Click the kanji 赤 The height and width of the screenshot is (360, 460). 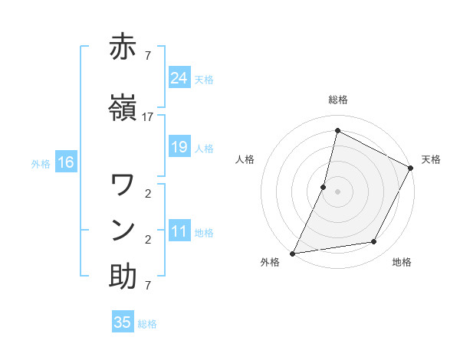pyautogui.click(x=123, y=47)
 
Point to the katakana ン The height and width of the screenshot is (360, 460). pyautogui.click(x=123, y=229)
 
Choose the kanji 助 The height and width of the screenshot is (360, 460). pyautogui.click(x=123, y=276)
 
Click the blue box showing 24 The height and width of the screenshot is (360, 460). pyautogui.click(x=179, y=78)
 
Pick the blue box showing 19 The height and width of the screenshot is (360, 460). pyautogui.click(x=179, y=148)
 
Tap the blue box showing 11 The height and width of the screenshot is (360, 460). pyautogui.click(x=179, y=232)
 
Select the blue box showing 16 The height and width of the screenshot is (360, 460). pyautogui.click(x=66, y=162)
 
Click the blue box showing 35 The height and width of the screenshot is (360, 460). pyautogui.click(x=123, y=322)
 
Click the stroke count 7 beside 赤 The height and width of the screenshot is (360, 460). pyautogui.click(x=147, y=56)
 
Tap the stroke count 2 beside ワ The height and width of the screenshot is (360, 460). pyautogui.click(x=147, y=193)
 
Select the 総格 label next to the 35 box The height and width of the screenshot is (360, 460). pyautogui.click(x=148, y=324)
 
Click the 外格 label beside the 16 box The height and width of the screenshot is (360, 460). pyautogui.click(x=41, y=163)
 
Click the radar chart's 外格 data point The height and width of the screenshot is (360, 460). pyautogui.click(x=292, y=254)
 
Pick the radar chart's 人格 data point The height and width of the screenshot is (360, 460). pyautogui.click(x=324, y=187)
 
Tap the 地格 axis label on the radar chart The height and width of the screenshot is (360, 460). pyautogui.click(x=402, y=263)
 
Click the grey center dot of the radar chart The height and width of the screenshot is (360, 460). pyautogui.click(x=337, y=191)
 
